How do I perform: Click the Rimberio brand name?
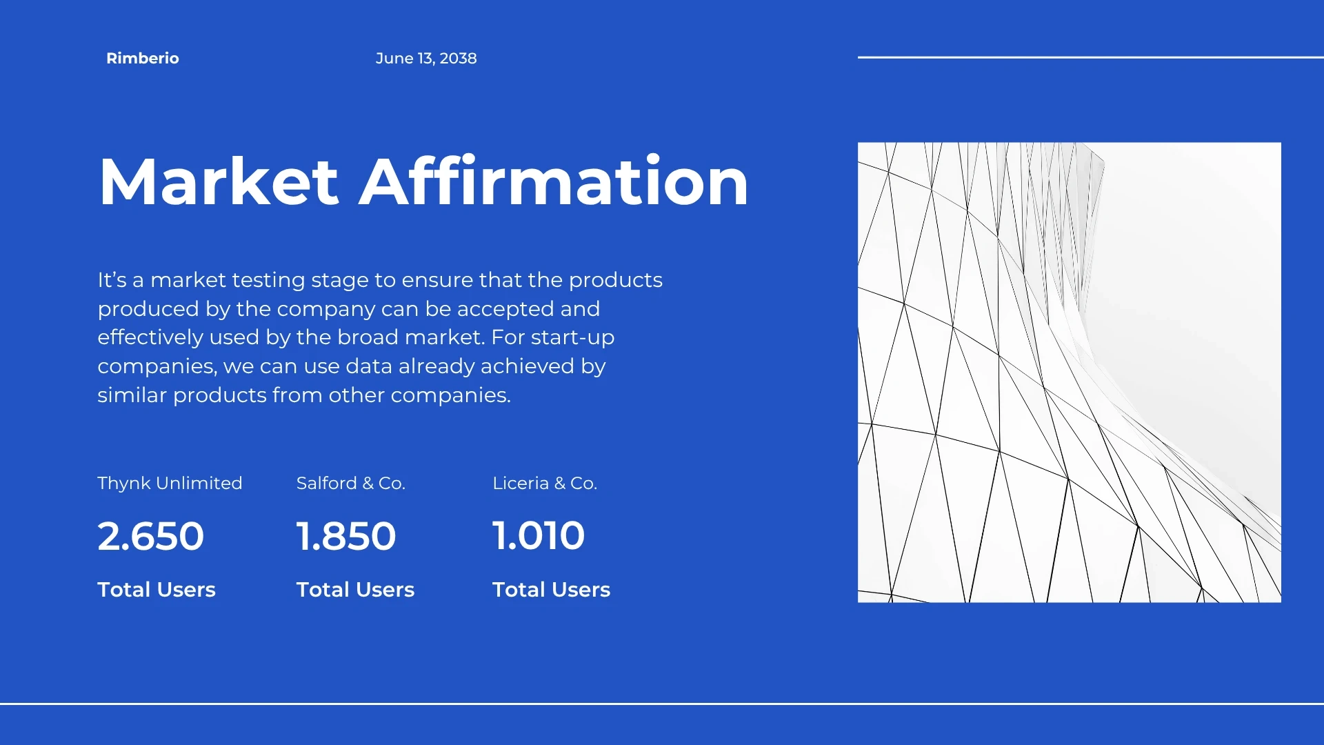point(143,59)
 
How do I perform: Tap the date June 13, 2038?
point(426,59)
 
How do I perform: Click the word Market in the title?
point(219,181)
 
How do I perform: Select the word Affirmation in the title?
point(554,181)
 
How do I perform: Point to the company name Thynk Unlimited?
point(170,483)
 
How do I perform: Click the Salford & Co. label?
point(351,483)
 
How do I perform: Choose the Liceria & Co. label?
point(545,483)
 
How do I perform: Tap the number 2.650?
point(151,536)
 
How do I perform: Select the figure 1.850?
point(346,536)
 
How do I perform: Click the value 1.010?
point(539,536)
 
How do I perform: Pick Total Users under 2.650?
point(157,590)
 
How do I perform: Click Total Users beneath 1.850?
point(356,590)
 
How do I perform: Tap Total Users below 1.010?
point(552,590)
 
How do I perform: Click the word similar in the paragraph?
point(132,395)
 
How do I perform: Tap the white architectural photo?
point(1070,372)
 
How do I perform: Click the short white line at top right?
point(1091,57)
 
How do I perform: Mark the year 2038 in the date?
point(459,59)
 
